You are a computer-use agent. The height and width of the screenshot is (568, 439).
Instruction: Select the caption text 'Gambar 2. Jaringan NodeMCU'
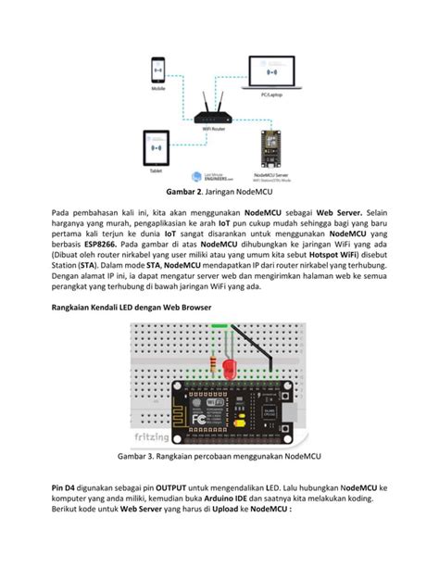(x=219, y=193)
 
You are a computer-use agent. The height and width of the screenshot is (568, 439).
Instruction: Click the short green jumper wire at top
(x=220, y=325)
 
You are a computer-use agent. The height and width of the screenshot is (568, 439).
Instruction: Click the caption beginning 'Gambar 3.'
(x=219, y=456)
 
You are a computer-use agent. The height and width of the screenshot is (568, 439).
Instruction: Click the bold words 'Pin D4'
(x=68, y=487)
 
